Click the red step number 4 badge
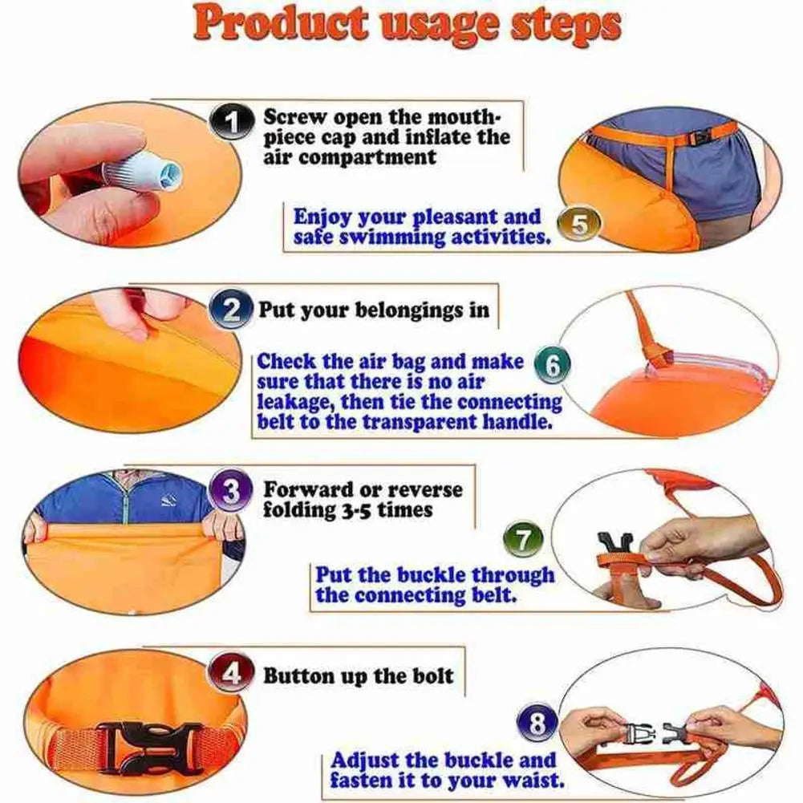(231, 674)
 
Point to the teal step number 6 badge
(553, 366)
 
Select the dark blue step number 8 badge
(537, 726)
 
